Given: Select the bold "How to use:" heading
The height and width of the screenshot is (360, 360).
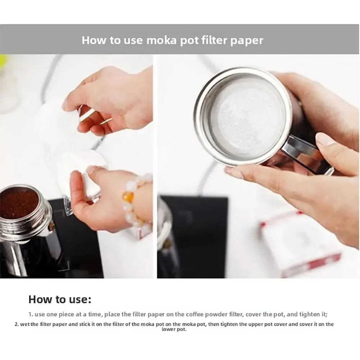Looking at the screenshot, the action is coord(60,300).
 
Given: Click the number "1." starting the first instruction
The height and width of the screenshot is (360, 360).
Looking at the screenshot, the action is coord(31,314).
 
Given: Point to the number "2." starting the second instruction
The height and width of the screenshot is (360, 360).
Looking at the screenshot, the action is coord(17,324).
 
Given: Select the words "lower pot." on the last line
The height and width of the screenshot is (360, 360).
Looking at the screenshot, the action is coord(174,329).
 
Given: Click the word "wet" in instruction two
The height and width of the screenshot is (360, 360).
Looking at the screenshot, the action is coord(24,324).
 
